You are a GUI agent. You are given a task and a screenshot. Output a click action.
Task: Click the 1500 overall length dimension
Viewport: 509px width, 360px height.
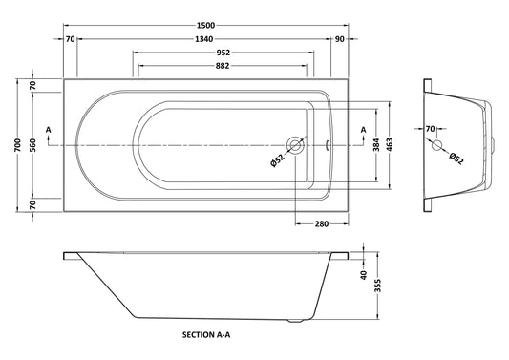(206, 26)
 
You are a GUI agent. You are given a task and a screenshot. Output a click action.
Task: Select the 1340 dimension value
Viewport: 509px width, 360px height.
(204, 39)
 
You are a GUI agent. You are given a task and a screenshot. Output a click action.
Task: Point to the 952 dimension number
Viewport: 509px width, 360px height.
(223, 53)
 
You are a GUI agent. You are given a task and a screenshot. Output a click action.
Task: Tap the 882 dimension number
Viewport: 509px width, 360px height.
(223, 66)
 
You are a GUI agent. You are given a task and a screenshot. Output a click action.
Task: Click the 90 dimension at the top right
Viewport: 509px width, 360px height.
(339, 39)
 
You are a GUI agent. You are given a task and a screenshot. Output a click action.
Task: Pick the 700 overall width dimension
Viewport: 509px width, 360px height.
(18, 145)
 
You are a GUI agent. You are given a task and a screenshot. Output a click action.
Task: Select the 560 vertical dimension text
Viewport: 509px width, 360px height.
(32, 145)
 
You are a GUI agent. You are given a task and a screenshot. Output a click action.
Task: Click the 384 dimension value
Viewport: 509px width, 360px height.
(376, 145)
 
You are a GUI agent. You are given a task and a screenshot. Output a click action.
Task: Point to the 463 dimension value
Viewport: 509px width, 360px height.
(390, 145)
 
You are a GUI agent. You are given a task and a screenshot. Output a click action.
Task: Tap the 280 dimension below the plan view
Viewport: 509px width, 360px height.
(322, 224)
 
